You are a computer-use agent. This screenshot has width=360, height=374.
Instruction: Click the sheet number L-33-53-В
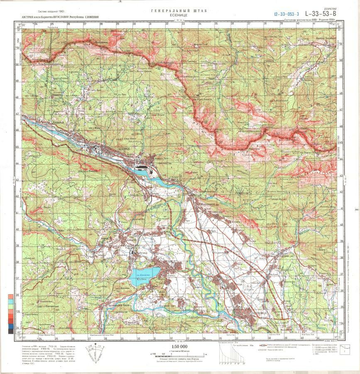click(x=321, y=13)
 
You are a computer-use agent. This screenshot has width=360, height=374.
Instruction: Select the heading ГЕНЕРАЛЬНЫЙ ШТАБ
click(x=179, y=10)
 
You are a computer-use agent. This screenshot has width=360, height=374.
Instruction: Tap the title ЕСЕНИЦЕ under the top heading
click(x=179, y=15)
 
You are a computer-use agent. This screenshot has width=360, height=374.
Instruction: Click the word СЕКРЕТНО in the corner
click(x=330, y=8)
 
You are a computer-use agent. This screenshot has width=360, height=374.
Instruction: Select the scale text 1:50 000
click(x=179, y=346)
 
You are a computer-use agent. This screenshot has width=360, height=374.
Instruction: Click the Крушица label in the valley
click(x=48, y=124)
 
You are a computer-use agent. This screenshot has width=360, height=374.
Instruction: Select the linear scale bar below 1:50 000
click(x=179, y=354)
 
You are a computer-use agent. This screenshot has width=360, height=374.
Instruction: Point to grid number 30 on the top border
click(x=134, y=24)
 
